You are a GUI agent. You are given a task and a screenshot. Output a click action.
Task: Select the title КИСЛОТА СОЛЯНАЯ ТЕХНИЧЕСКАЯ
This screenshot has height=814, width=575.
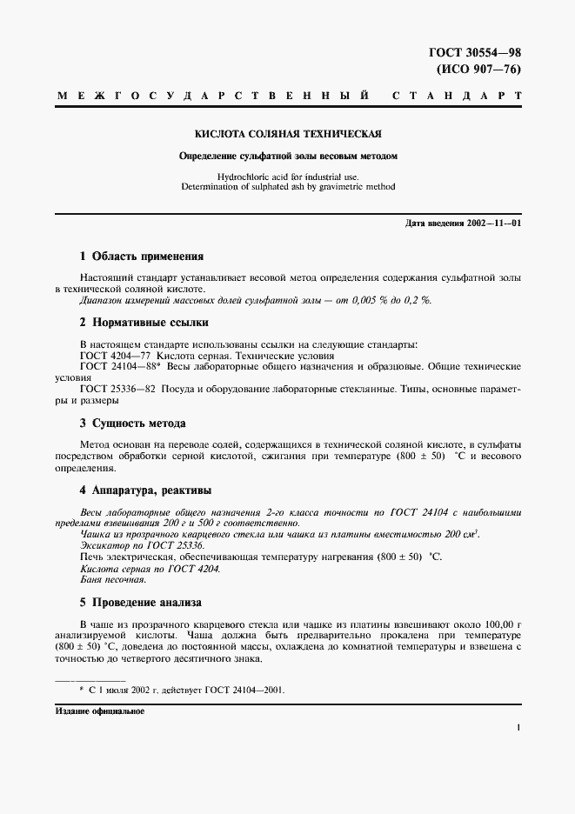pos(287,135)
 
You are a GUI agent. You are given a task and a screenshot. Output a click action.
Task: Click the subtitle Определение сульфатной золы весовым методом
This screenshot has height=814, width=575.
pos(287,157)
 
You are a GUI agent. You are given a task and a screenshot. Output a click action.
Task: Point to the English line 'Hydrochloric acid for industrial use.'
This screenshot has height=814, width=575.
pos(287,176)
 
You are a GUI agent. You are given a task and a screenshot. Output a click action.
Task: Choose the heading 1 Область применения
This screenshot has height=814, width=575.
pos(141,257)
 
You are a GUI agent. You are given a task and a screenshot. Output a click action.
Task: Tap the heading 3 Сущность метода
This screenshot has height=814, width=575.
pos(133,424)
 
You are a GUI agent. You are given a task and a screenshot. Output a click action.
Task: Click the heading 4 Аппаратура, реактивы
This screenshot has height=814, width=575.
pos(145,490)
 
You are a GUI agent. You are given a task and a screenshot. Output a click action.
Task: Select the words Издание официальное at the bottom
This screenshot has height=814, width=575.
pos(99,711)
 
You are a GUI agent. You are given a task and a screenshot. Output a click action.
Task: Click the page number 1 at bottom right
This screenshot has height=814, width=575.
pos(518,729)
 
